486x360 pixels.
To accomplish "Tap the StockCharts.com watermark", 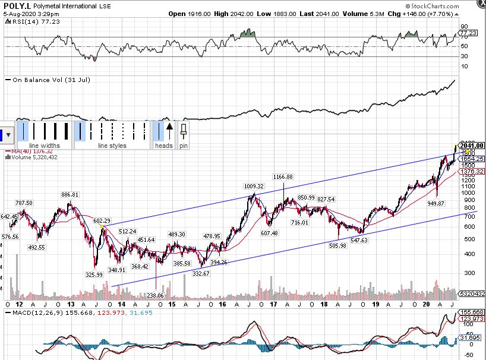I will tap(450, 5).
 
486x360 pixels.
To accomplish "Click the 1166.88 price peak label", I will tap(283, 177).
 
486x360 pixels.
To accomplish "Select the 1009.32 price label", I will tap(253, 186).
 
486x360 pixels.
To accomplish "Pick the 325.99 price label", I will tap(94, 274).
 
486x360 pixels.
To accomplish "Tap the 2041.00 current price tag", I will tap(472, 146).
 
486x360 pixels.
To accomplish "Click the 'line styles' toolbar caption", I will tap(112, 146).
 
